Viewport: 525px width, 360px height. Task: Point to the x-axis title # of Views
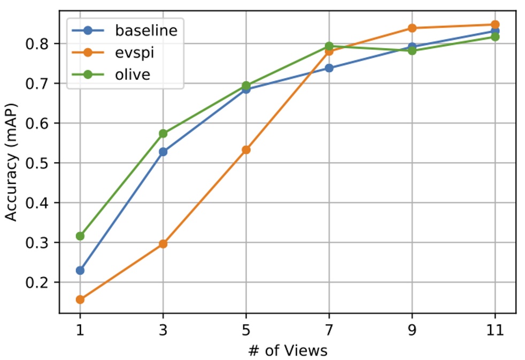coord(288,350)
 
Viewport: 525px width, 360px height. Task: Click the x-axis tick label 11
coord(495,330)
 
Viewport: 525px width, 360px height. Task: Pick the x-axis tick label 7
coord(329,330)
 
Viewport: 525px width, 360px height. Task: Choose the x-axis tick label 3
coord(163,330)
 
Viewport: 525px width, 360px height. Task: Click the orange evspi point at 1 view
coord(80,300)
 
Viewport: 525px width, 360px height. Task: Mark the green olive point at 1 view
coord(80,236)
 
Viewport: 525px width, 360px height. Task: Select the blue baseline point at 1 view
coord(80,270)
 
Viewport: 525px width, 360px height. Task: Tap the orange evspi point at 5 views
coord(246,150)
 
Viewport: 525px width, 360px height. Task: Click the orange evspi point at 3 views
coord(163,244)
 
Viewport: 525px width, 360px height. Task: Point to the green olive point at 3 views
coord(163,133)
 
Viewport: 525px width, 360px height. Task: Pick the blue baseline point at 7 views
coord(329,68)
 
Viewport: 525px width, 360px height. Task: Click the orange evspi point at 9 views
coord(412,28)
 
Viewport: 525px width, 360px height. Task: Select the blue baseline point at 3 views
coord(163,152)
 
